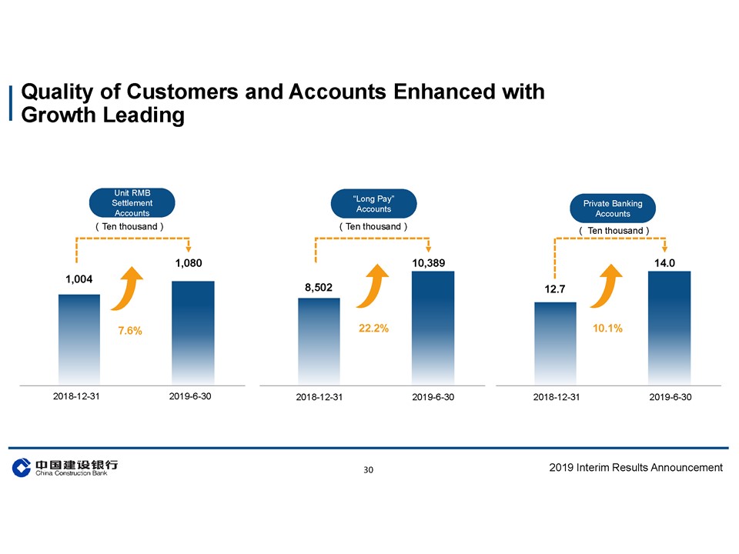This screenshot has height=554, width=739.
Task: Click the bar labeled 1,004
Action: [x=79, y=339]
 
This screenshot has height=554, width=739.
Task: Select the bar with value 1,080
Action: [x=192, y=332]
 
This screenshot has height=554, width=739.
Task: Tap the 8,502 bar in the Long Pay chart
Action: [x=319, y=340]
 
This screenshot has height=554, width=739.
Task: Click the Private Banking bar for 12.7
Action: [x=556, y=342]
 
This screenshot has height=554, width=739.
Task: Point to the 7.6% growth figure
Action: [x=130, y=331]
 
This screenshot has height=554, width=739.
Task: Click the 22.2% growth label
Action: [x=373, y=329]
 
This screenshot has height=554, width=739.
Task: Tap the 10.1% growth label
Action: [x=607, y=329]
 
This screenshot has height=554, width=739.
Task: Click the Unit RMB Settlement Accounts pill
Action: [x=132, y=202]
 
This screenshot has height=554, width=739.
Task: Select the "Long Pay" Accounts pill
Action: [x=373, y=204]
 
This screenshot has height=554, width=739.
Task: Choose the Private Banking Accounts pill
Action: [x=613, y=209]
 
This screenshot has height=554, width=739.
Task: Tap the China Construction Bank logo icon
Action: [x=22, y=468]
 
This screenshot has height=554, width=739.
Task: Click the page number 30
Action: [x=369, y=469]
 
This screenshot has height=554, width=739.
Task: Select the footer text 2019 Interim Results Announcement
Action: [x=637, y=467]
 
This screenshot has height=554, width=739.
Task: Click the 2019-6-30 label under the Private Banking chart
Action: [x=670, y=397]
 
